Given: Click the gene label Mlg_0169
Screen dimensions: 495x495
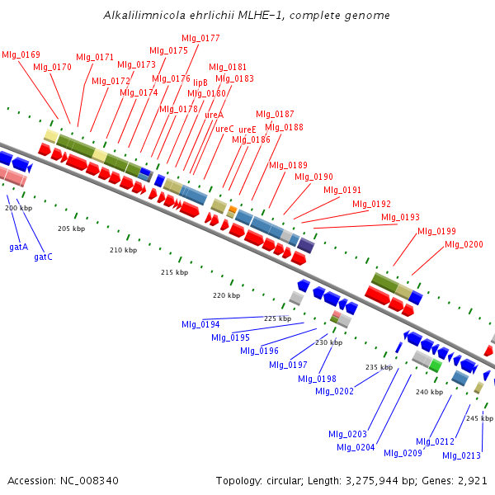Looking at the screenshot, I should click(x=21, y=54).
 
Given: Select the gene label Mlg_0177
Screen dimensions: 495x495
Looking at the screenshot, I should click(x=200, y=38).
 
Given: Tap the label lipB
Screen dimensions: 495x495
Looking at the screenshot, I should click(x=200, y=82).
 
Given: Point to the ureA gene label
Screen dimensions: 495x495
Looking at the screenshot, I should click(x=214, y=115).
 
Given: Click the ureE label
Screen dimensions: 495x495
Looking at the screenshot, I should click(x=247, y=130).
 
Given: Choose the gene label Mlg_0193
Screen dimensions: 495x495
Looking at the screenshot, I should click(x=401, y=217).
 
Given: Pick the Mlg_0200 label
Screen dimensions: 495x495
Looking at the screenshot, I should click(x=464, y=244).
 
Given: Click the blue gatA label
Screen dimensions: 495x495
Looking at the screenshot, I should click(x=18, y=247).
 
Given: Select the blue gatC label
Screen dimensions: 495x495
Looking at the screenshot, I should click(x=43, y=257).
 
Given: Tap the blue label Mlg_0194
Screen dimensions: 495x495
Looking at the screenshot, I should click(x=200, y=324).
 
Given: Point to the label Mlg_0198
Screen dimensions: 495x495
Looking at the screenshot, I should click(x=317, y=378).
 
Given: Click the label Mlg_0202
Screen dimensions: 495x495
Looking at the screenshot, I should click(x=334, y=390).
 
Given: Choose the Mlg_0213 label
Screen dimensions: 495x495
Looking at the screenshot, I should click(x=461, y=455).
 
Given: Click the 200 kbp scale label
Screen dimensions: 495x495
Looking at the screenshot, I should click(x=18, y=208).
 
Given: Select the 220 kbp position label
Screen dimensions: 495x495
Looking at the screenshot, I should click(x=226, y=295).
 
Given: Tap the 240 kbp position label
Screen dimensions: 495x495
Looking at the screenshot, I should click(x=429, y=392).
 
